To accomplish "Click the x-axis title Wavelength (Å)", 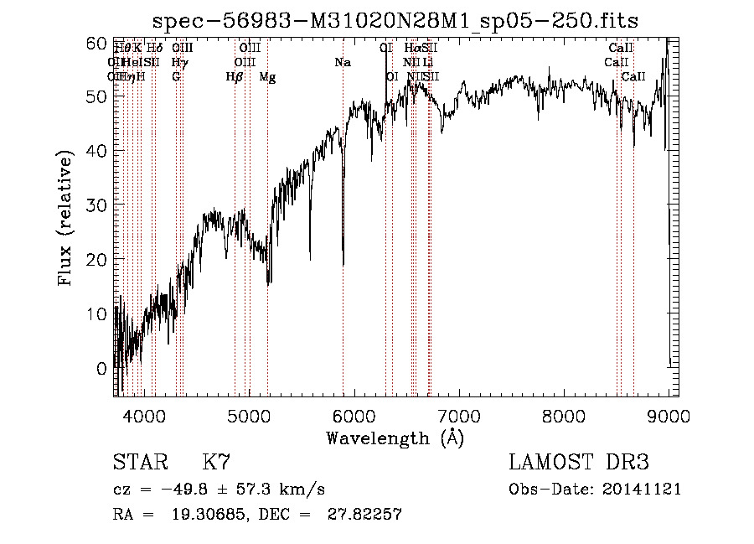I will coord(395,438).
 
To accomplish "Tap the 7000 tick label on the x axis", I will coord(458,416).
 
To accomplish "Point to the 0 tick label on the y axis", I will coord(101,368).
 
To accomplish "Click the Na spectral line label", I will coord(342,63).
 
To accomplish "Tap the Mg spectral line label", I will coord(266,77).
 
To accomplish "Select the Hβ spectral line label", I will coord(235,77).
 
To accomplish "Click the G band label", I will coord(176,77).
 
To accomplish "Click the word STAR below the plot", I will coord(139,464).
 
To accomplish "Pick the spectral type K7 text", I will coord(216,464).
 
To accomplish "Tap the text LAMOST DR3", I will coord(579,464).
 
